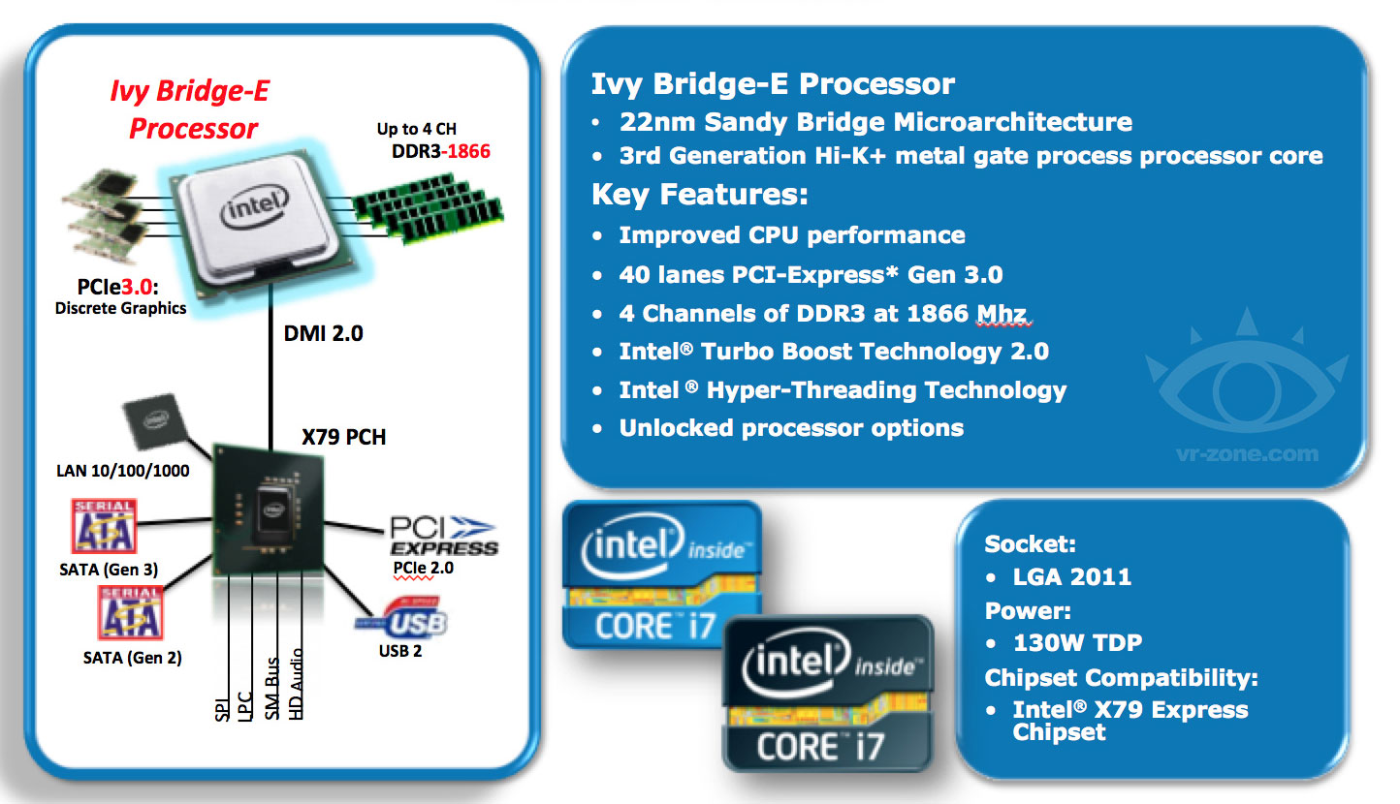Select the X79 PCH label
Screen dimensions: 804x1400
coord(343,437)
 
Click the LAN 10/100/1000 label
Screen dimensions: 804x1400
coord(121,472)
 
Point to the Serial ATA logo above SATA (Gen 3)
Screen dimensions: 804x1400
coord(103,527)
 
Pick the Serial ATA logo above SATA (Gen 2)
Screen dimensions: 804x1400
coord(129,613)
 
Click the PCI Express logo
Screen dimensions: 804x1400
coord(442,536)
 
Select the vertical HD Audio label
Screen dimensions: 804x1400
coord(296,684)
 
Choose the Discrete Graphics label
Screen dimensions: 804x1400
coord(121,308)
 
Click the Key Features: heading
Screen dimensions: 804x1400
coord(700,195)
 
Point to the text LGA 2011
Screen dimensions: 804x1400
coord(1071,576)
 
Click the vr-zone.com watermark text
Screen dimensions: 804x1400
coord(1245,452)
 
